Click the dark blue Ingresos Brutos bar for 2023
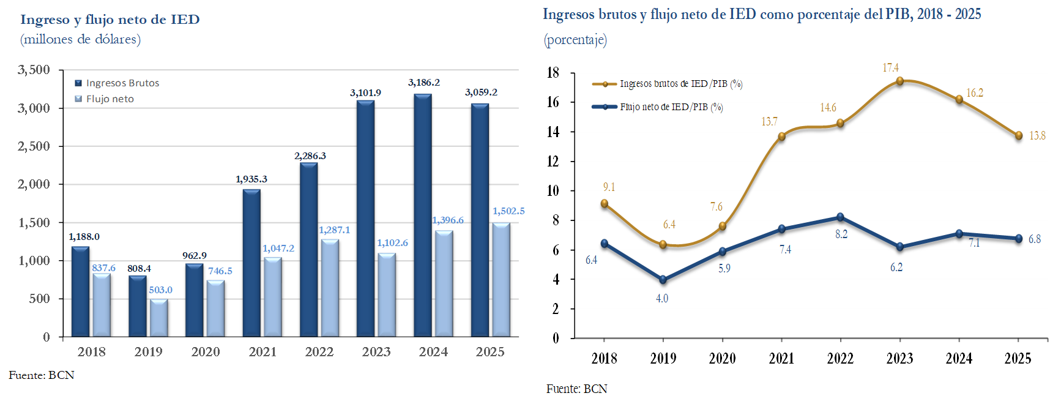(365, 219)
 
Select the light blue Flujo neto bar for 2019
(158, 318)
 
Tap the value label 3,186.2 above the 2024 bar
(424, 83)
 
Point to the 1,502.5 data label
(508, 211)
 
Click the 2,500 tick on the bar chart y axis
(34, 146)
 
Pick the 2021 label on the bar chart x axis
(262, 352)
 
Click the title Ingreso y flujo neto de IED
(110, 20)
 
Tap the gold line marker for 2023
(899, 81)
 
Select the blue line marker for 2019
(663, 280)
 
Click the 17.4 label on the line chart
(890, 68)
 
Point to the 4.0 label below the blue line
(662, 299)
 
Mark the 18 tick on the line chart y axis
(553, 73)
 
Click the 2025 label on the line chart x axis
(1018, 359)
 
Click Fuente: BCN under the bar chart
(42, 375)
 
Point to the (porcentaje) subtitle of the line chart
(575, 40)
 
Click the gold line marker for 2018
(605, 204)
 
